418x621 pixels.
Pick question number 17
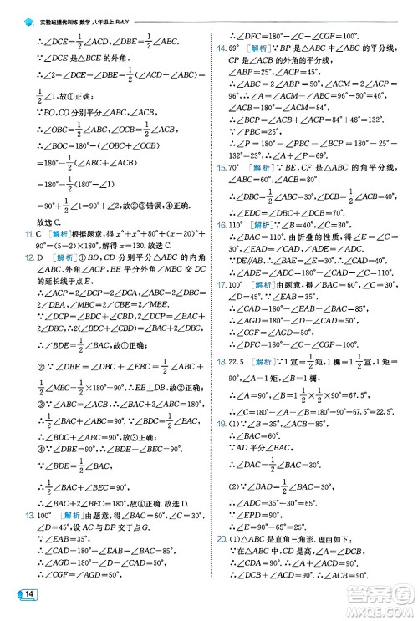pyautogui.click(x=222, y=307)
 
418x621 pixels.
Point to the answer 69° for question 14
pyautogui.click(x=237, y=48)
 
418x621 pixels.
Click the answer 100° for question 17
pyautogui.click(x=239, y=307)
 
